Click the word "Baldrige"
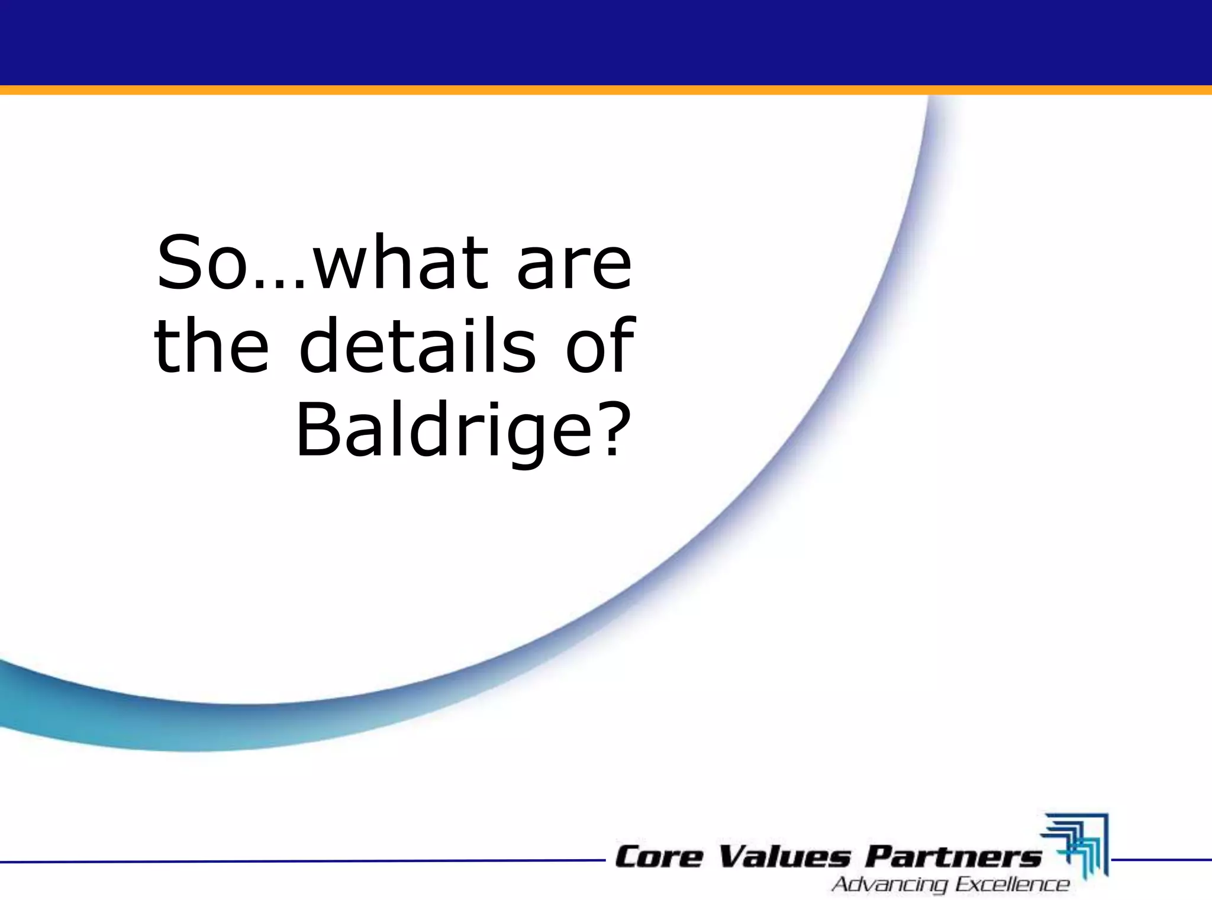coord(439,431)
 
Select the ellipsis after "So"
coord(280,284)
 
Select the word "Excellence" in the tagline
coord(1013,885)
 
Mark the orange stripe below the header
coord(606,90)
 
